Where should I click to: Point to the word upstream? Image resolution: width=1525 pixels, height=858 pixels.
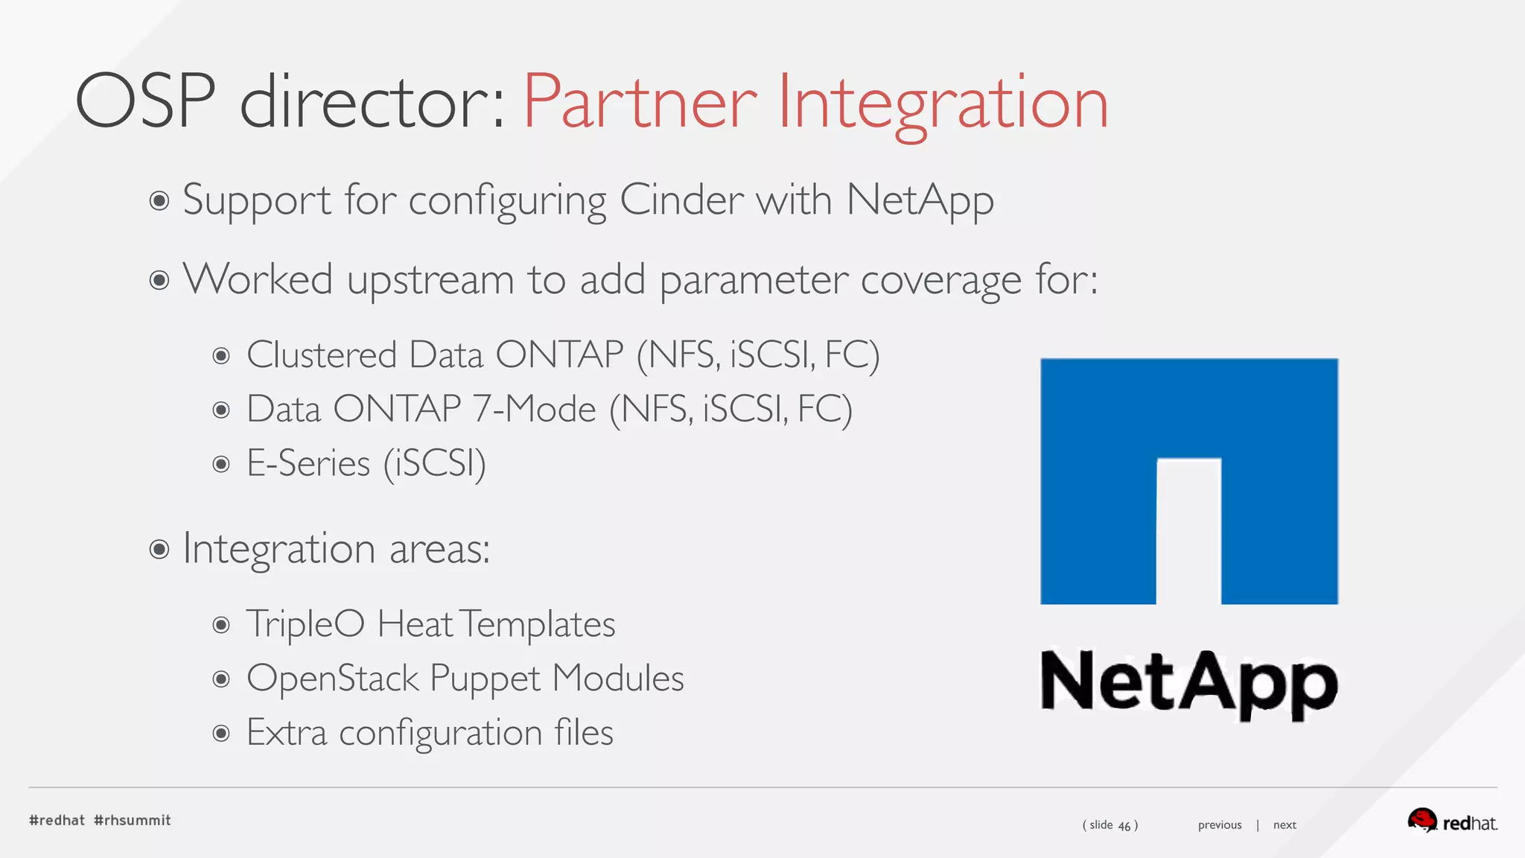430,280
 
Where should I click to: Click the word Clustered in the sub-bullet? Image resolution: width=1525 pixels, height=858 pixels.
322,355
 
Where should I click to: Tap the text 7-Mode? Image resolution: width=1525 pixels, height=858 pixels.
534,409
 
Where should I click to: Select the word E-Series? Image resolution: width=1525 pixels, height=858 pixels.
308,463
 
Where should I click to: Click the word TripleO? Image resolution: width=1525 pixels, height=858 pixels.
305,624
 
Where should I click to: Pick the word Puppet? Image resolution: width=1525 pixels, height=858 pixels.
485,679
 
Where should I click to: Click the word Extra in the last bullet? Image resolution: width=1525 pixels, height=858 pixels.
287,733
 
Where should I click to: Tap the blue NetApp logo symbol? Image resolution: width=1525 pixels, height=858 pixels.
1188,480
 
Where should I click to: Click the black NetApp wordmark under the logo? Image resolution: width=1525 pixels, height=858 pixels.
1188,681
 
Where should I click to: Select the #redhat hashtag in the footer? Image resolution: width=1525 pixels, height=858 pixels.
57,820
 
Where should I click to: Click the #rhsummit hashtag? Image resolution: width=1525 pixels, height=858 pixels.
133,820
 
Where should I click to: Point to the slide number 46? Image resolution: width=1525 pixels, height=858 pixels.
1124,825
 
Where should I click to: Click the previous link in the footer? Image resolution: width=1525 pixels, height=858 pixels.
1219,824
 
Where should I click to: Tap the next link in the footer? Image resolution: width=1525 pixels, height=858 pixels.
1284,824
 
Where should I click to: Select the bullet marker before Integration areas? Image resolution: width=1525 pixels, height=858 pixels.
159,550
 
